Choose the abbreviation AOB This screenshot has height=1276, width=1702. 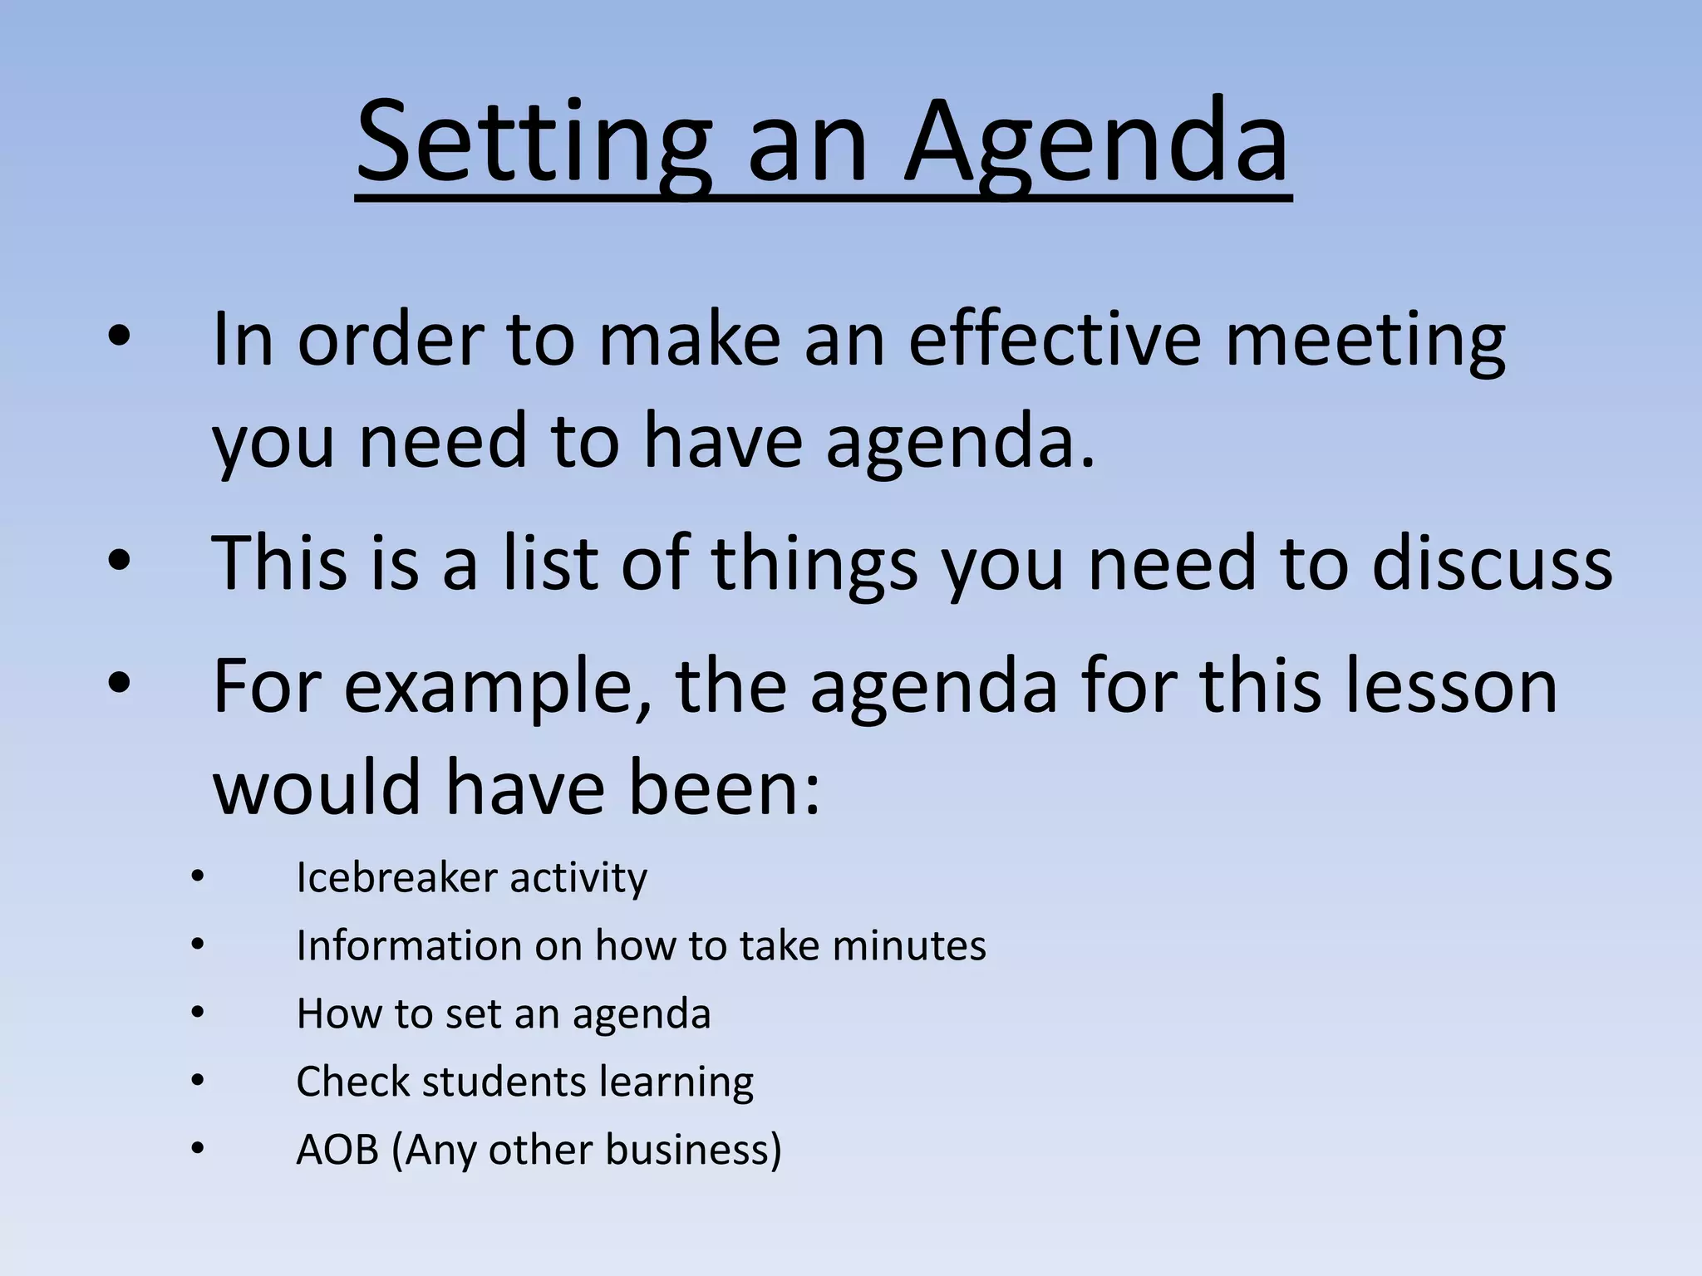coord(337,1150)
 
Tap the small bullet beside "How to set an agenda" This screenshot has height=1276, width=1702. coord(197,1013)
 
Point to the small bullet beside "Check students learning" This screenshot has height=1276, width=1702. coord(197,1081)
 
